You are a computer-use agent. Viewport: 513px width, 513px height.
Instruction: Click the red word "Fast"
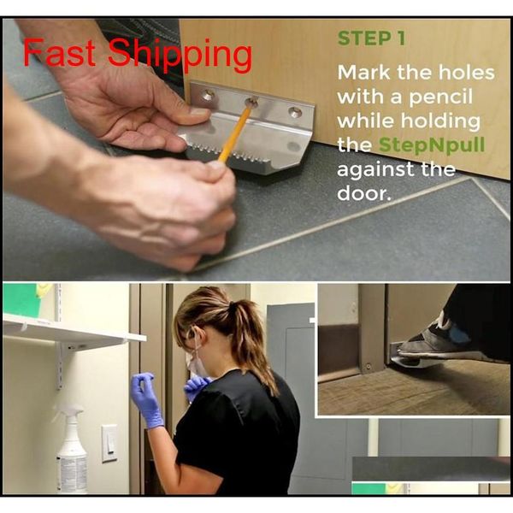click(x=59, y=52)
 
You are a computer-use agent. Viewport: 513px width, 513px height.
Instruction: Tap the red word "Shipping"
click(x=180, y=55)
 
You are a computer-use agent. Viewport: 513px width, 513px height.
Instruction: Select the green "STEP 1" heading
click(x=371, y=38)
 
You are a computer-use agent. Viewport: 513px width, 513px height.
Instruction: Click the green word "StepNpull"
click(x=432, y=145)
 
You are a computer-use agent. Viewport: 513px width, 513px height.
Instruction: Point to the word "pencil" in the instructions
click(x=440, y=97)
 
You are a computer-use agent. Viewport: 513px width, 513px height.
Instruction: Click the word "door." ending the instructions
click(x=364, y=193)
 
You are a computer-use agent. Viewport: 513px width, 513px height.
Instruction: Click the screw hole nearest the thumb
click(x=208, y=96)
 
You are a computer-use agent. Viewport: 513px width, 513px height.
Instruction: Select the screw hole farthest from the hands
click(x=295, y=112)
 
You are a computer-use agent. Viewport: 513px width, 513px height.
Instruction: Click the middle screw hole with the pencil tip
click(x=251, y=103)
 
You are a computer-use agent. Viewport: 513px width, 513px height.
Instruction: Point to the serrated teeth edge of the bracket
click(x=229, y=155)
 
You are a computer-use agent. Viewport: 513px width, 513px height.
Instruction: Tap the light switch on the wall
click(x=109, y=443)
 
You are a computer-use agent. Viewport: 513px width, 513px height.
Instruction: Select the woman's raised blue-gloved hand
click(x=146, y=399)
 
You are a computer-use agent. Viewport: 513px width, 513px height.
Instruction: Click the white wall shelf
click(x=72, y=330)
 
